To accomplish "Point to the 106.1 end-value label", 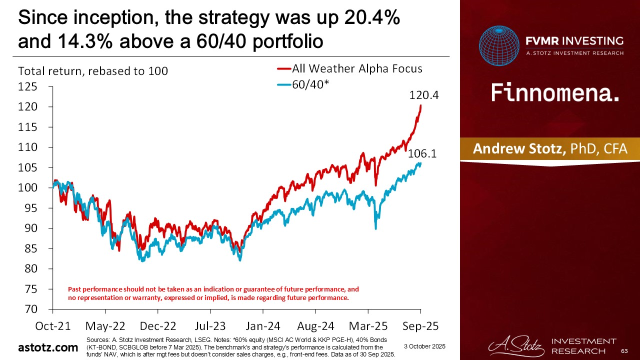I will click(422, 154).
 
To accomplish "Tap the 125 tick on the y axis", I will click(28, 87).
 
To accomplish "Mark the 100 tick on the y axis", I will click(28, 188).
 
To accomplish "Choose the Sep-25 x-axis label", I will click(421, 326).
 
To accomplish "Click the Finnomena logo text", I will click(555, 93).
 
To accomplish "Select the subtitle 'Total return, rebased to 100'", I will click(93, 71).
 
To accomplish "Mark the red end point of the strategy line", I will click(420, 106).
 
